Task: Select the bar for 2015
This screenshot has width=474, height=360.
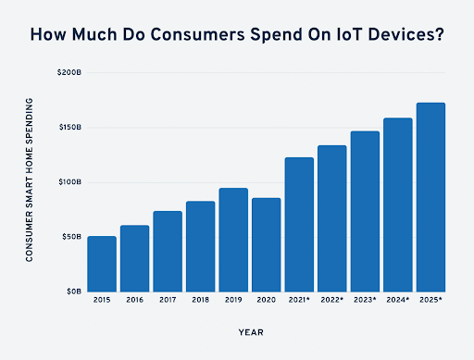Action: click(102, 264)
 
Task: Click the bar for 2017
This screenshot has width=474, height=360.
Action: click(168, 251)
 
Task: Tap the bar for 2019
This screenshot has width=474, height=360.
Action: click(233, 240)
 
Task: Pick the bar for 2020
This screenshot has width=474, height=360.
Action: click(266, 244)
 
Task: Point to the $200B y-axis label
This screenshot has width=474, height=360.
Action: click(70, 72)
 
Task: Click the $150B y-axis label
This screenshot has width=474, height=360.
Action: click(70, 127)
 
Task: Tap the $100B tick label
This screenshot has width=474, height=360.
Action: click(70, 181)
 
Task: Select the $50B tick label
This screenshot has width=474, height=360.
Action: click(72, 237)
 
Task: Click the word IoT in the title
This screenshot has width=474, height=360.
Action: click(324, 35)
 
